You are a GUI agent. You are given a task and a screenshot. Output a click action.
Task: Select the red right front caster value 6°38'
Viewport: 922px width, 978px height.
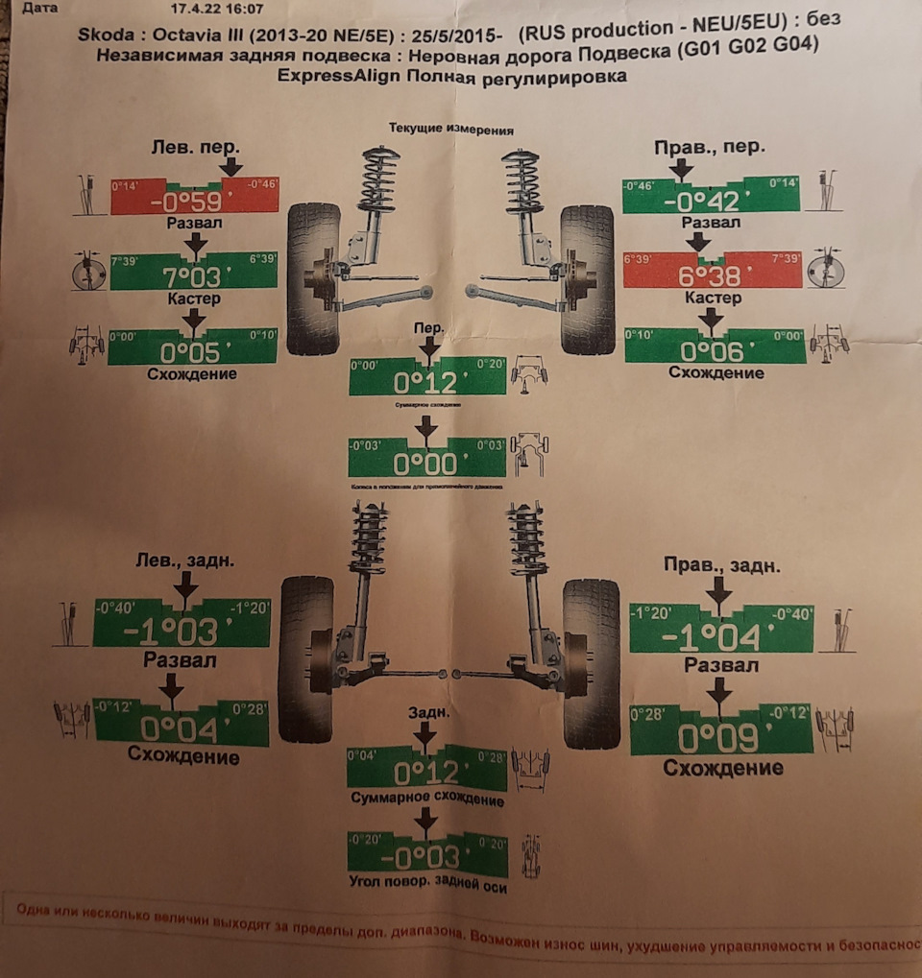pyautogui.click(x=711, y=276)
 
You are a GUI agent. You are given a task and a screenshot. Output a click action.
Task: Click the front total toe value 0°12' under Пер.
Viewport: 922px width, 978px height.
pyautogui.click(x=426, y=383)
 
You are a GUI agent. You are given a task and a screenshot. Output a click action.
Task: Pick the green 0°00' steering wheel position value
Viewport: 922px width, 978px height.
pyautogui.click(x=426, y=465)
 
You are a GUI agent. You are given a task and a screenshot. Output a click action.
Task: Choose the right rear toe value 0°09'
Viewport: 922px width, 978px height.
pyautogui.click(x=718, y=737)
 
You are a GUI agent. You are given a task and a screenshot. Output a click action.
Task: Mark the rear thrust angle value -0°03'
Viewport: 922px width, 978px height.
pyautogui.click(x=425, y=857)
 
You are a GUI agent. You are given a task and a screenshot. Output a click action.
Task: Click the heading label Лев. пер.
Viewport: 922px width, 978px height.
pyautogui.click(x=196, y=147)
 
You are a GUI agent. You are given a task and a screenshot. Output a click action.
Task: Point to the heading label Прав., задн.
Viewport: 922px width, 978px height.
pyautogui.click(x=721, y=565)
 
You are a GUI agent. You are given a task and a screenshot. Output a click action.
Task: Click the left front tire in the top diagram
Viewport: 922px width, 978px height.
pyautogui.click(x=314, y=278)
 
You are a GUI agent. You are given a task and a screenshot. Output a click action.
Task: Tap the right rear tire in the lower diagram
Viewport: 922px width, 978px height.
pyautogui.click(x=591, y=662)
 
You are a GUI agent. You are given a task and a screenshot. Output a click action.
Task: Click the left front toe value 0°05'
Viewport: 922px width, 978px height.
pyautogui.click(x=192, y=351)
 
